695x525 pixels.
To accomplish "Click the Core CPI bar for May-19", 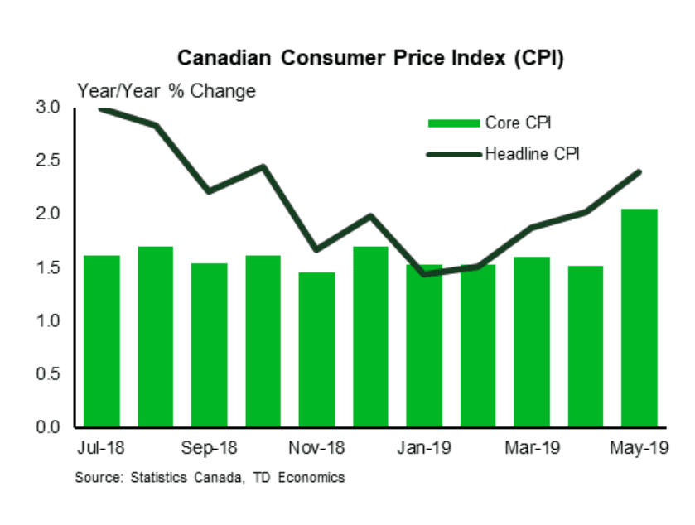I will pos(639,319).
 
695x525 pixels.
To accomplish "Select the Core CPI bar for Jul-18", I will pos(102,341).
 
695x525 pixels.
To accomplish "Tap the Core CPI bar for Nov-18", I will pos(316,349).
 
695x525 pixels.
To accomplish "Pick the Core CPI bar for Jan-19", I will pos(424,346).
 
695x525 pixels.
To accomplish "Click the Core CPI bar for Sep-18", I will pos(209,345).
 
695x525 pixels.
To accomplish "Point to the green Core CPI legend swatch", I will pos(453,123).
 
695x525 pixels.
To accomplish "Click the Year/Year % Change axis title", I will pos(167,91).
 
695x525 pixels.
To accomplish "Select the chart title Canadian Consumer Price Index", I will pos(370,59).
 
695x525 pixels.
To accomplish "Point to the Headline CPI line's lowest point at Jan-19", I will pos(425,274).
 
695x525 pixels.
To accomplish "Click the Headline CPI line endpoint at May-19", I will pos(639,172).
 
